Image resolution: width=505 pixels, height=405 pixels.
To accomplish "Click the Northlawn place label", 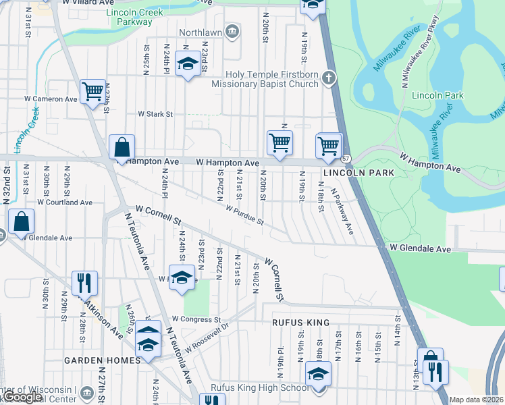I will coord(201,32).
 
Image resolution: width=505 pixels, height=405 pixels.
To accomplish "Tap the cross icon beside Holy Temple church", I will coord(329,78).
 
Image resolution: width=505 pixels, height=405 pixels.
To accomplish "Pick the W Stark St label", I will coord(156,114).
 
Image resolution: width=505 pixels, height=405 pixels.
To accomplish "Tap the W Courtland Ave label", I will coord(65,202).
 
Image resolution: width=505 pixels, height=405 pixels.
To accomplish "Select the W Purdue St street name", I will coord(244,217).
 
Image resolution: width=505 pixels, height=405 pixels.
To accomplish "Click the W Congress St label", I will coord(196,319).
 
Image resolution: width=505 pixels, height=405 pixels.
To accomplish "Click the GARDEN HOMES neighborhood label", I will coord(101,360).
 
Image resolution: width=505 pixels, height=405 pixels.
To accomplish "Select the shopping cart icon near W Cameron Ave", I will coord(92,90).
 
